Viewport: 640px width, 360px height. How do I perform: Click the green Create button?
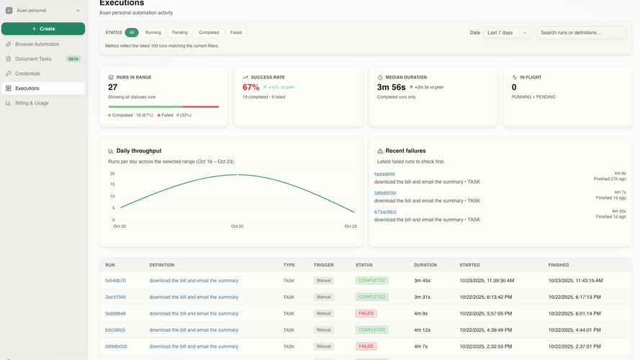[43, 29]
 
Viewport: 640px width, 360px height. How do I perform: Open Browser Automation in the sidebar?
[37, 44]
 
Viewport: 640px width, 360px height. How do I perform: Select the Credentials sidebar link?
[28, 73]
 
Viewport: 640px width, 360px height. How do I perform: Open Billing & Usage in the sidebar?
[32, 103]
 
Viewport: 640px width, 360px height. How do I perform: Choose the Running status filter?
[153, 32]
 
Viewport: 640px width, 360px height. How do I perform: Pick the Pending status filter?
[179, 32]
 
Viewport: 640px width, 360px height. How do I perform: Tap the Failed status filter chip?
[236, 32]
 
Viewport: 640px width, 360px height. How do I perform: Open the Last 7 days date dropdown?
[508, 32]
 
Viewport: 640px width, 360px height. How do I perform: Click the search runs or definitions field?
[581, 32]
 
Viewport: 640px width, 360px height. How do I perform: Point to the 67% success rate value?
[251, 87]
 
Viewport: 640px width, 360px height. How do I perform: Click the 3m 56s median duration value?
[391, 87]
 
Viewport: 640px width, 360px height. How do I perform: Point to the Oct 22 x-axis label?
[237, 226]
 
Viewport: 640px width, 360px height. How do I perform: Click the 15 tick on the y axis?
[112, 184]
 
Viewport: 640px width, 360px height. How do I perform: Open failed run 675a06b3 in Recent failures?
[385, 212]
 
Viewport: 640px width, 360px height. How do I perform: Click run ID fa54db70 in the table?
[115, 281]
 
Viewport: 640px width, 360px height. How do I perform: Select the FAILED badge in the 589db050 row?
[366, 346]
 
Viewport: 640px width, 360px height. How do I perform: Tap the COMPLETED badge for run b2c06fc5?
[372, 330]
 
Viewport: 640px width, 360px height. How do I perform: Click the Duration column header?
[425, 265]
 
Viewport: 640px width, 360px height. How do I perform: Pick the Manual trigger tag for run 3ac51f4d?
[324, 297]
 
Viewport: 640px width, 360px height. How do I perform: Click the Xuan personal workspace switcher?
[43, 11]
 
